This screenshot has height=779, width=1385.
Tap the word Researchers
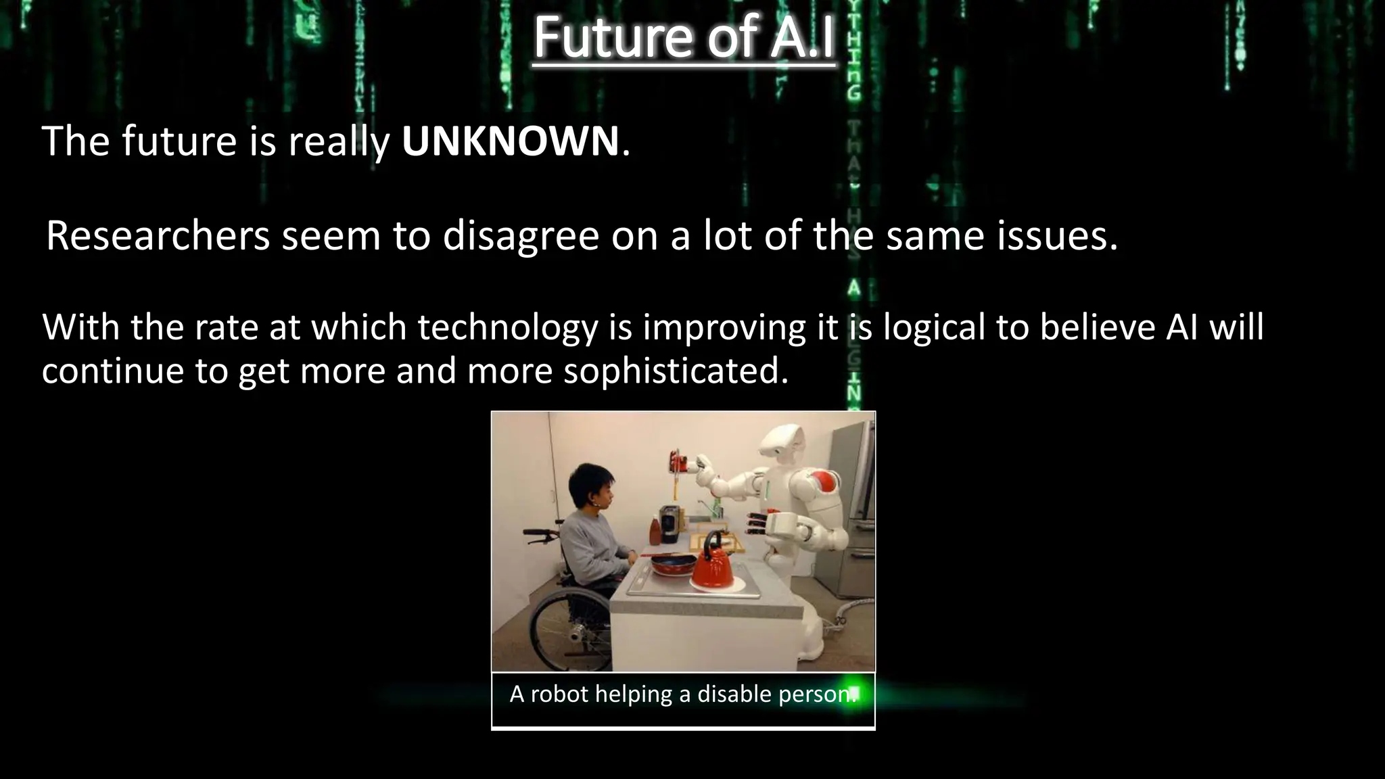[x=158, y=236]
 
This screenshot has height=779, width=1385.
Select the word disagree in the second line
[x=521, y=237]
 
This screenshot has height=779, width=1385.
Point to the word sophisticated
[x=676, y=371]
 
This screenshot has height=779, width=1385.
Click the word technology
[x=508, y=328]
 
